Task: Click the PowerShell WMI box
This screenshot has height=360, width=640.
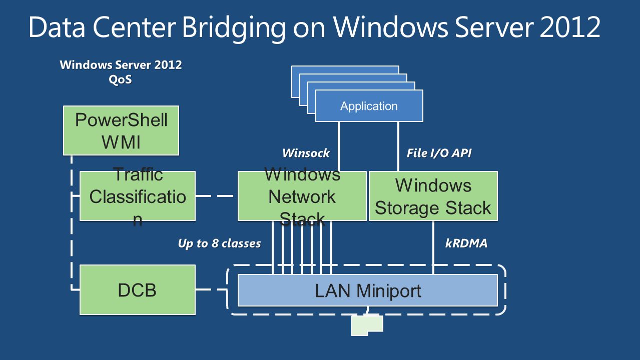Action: click(121, 130)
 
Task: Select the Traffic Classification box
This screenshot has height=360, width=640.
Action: click(138, 196)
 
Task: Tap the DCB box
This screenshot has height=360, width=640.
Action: click(138, 290)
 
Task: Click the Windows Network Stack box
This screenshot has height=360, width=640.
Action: click(302, 196)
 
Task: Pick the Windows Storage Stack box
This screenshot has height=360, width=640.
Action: click(433, 196)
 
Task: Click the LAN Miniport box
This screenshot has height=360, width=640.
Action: click(368, 290)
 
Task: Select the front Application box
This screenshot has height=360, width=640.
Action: click(369, 106)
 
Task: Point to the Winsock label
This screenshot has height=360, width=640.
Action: click(306, 153)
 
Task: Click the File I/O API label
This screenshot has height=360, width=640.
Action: click(439, 153)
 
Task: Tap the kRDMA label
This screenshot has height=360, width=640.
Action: click(466, 243)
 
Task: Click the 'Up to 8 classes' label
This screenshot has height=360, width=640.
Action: click(219, 243)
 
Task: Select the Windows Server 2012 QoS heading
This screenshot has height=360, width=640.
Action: click(121, 72)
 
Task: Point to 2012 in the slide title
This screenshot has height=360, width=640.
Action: click(570, 27)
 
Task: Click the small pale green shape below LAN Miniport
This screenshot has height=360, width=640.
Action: click(367, 325)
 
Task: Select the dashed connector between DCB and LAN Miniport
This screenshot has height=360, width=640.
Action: click(212, 290)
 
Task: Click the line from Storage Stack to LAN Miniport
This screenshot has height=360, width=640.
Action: click(433, 247)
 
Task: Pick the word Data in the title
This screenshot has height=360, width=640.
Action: click(57, 27)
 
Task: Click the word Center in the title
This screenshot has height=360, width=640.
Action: click(134, 27)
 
